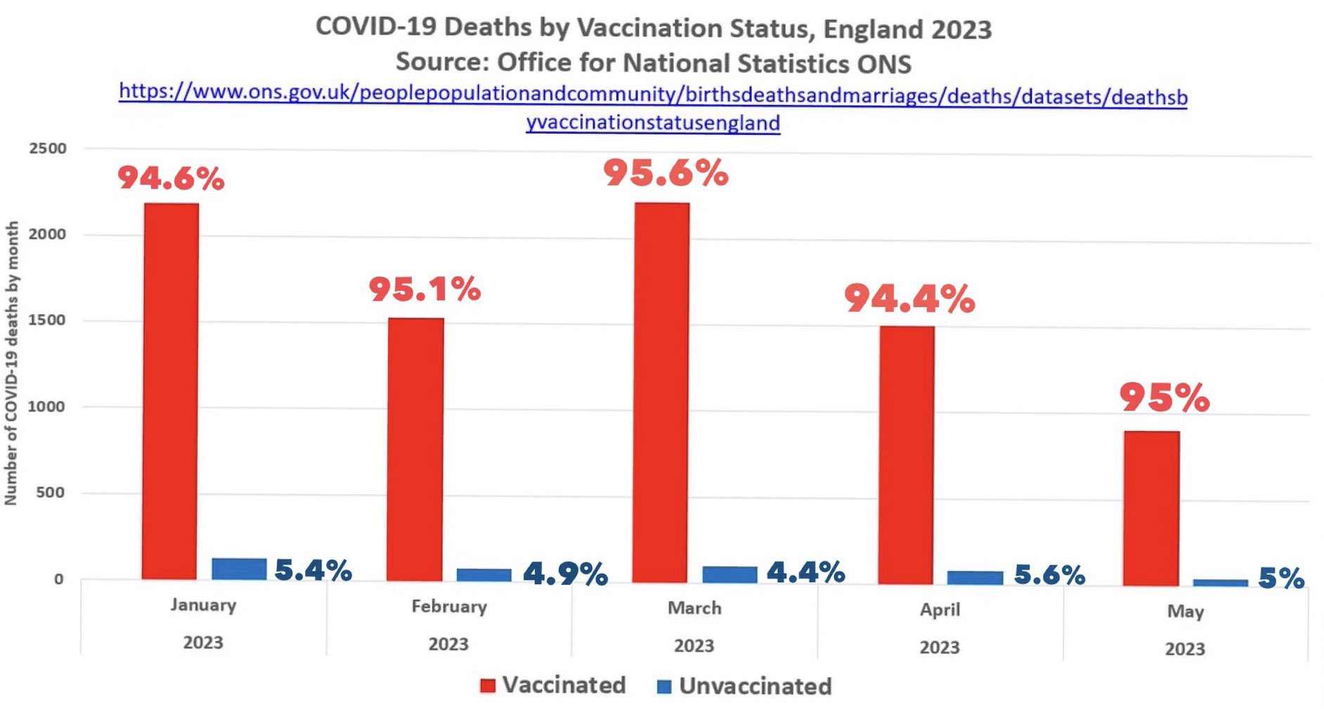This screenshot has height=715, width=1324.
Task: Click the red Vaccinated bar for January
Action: tap(171, 390)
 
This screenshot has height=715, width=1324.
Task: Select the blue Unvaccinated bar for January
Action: tap(239, 569)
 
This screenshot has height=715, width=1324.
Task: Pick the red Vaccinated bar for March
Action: tap(661, 392)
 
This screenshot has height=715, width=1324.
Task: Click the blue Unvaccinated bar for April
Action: tap(975, 577)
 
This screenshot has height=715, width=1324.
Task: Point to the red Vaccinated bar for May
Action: tap(1151, 508)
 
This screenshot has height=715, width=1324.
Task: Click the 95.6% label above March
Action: tap(666, 173)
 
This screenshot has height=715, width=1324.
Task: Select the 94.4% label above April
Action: tap(909, 299)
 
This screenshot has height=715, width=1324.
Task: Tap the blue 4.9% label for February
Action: tap(565, 574)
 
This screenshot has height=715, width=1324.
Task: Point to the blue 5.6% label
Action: tap(1049, 575)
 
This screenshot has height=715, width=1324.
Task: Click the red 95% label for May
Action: tap(1164, 398)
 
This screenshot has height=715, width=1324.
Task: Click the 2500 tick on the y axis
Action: tap(48, 148)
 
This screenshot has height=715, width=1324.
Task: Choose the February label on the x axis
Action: tap(449, 606)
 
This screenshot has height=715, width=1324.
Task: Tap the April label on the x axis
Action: tap(940, 610)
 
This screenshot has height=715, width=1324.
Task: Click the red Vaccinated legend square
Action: tap(487, 685)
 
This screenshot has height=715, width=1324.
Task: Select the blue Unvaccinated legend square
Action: tap(663, 687)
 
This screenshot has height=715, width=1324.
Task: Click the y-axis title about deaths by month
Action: tap(11, 363)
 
